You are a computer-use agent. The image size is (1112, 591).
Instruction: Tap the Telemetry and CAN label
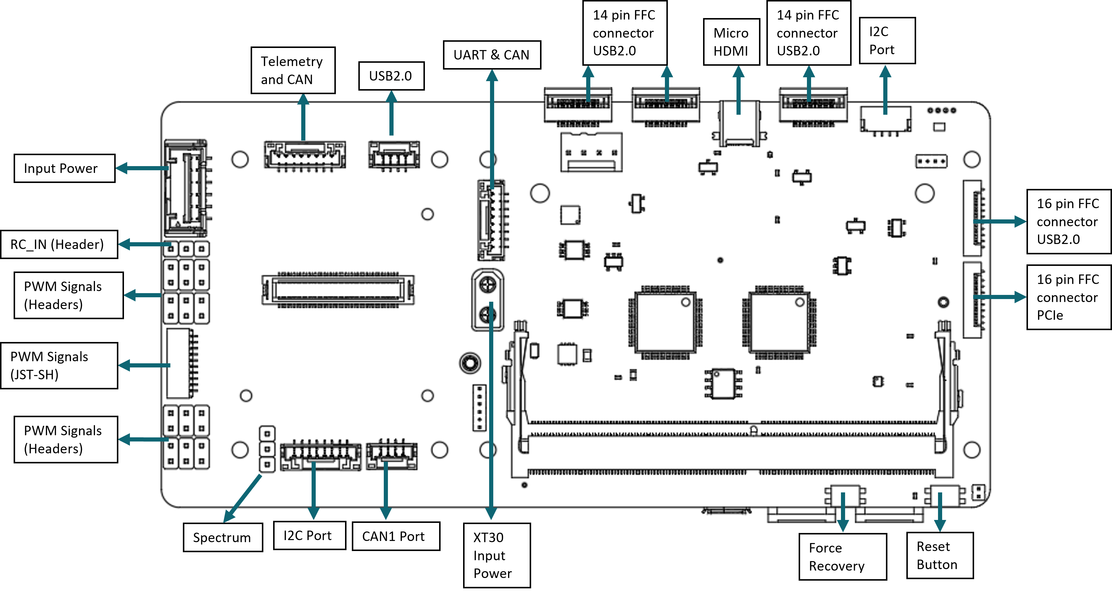tap(293, 70)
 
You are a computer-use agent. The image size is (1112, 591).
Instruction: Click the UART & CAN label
tap(492, 55)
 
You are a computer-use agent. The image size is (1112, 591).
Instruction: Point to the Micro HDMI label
tap(731, 42)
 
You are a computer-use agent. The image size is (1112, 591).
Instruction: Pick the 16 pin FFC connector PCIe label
tap(1068, 297)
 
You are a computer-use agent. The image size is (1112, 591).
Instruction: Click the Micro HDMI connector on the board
tap(739, 125)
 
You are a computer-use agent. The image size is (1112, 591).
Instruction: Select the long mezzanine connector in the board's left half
tap(338, 290)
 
